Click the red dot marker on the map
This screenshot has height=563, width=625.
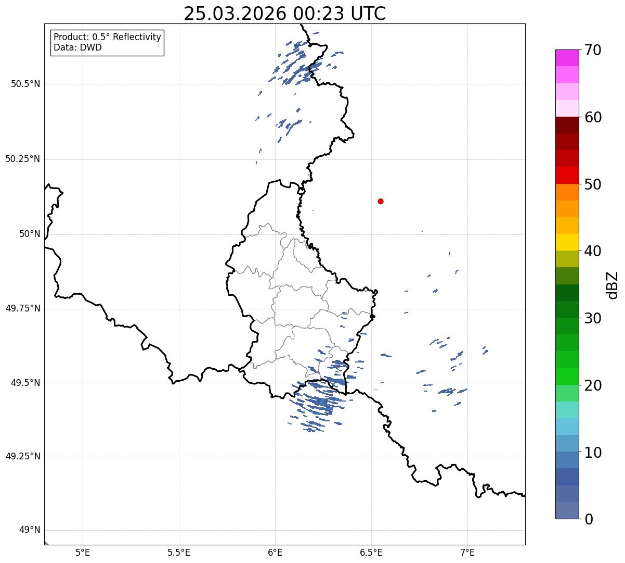pyautogui.click(x=381, y=201)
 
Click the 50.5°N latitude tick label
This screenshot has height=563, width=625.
pyautogui.click(x=25, y=84)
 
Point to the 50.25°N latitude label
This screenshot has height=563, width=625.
pyautogui.click(x=23, y=159)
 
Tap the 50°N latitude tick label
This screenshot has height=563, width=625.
pyautogui.click(x=30, y=234)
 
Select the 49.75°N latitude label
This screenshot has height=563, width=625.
pyautogui.click(x=23, y=308)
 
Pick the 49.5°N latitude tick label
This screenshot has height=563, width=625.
pyautogui.click(x=25, y=383)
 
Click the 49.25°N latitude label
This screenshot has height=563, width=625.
pyautogui.click(x=23, y=456)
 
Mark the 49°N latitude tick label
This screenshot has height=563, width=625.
pyautogui.click(x=30, y=530)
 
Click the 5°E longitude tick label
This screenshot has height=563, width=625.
pyautogui.click(x=83, y=553)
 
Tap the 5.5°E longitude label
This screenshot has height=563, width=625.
pyautogui.click(x=179, y=553)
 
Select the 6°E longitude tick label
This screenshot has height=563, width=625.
pyautogui.click(x=275, y=553)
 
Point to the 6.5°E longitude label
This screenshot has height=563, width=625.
pyautogui.click(x=371, y=553)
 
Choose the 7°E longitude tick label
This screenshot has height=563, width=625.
pyautogui.click(x=467, y=553)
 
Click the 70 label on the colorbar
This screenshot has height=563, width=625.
pyautogui.click(x=593, y=50)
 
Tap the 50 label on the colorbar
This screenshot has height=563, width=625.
pyautogui.click(x=593, y=184)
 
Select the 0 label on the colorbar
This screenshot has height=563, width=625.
pyautogui.click(x=589, y=519)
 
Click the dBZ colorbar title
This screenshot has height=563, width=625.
pyautogui.click(x=613, y=285)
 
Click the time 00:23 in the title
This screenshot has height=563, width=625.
pyautogui.click(x=319, y=14)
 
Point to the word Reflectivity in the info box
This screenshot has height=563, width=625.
pyautogui.click(x=137, y=37)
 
